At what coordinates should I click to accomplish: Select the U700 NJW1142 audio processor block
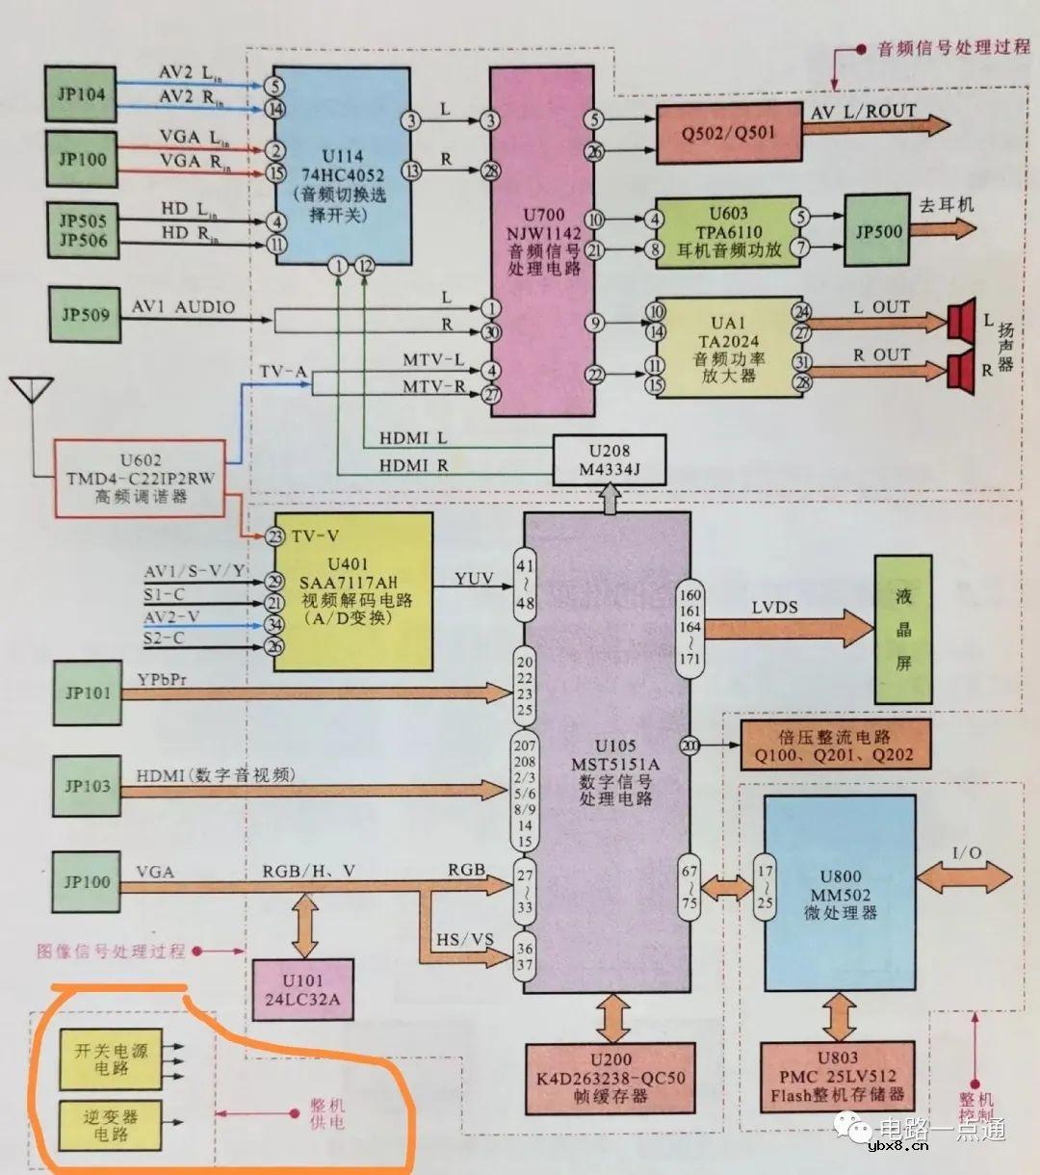(545, 241)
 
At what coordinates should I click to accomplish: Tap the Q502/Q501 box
(728, 133)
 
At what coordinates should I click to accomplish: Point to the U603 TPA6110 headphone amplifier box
(728, 232)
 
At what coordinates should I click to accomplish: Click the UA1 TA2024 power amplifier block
(728, 348)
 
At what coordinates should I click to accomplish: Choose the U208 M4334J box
(609, 459)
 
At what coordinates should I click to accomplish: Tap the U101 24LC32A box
(302, 990)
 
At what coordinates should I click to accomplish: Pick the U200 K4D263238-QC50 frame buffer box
(611, 1078)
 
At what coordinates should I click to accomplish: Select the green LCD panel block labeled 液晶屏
(902, 629)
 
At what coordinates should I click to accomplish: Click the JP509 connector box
(86, 314)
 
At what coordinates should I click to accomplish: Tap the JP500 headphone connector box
(877, 231)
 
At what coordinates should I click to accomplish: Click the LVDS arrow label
(775, 608)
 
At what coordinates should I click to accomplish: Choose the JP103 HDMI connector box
(87, 786)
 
